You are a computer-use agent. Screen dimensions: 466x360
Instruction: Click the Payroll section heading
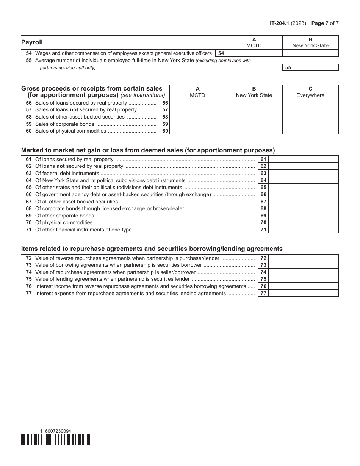(x=32, y=42)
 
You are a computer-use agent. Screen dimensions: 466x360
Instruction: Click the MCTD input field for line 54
(x=254, y=53)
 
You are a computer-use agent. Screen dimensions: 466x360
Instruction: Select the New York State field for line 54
(x=310, y=53)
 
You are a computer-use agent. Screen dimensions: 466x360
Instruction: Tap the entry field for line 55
(x=316, y=67)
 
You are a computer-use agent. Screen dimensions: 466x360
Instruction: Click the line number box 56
(x=165, y=103)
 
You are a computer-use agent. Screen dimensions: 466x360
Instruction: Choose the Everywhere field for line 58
(x=310, y=117)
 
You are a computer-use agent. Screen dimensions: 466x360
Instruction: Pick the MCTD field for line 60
(x=198, y=131)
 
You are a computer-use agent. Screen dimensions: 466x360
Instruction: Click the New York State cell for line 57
(x=254, y=110)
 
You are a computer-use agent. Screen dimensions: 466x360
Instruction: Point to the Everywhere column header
(x=310, y=92)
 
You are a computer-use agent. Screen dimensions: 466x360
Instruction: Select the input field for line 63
(x=303, y=173)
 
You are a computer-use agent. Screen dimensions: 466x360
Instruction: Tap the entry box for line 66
(x=303, y=194)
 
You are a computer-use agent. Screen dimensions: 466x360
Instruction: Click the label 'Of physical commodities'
(x=64, y=223)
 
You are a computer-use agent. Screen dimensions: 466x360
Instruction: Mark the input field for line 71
(x=303, y=230)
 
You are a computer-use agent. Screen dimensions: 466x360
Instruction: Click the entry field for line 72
(x=303, y=258)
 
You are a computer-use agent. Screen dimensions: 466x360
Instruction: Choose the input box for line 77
(x=303, y=293)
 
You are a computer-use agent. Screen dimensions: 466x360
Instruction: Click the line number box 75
(x=263, y=279)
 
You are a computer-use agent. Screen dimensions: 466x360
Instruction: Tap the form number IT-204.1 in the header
(x=281, y=23)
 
